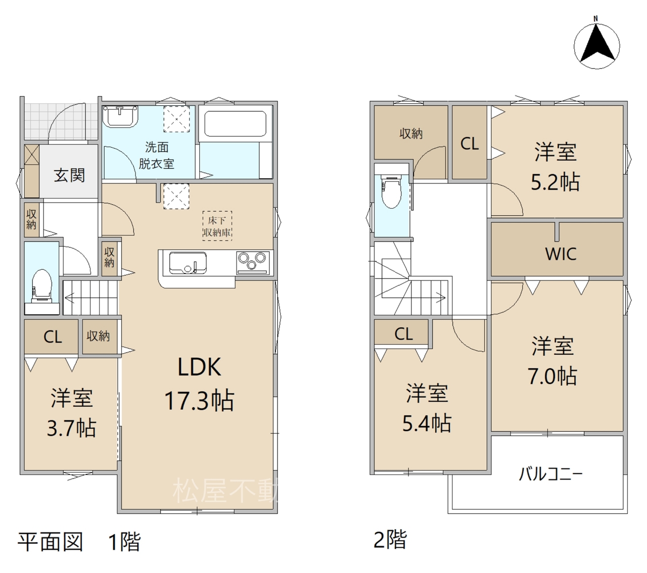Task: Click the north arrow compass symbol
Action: tap(596, 46)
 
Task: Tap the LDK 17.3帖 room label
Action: tap(199, 384)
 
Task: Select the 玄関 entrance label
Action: tap(69, 175)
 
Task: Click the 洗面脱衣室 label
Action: tap(157, 156)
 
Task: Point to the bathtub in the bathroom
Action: tap(235, 123)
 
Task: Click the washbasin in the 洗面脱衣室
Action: tap(120, 117)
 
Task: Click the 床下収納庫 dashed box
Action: tap(217, 226)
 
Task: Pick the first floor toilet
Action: tap(41, 286)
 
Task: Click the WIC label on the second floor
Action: tap(561, 254)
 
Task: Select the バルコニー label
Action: tap(550, 474)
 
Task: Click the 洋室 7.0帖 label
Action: tap(552, 361)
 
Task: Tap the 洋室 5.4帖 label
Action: tap(427, 408)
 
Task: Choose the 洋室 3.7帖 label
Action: tap(72, 413)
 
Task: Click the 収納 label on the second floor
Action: tap(411, 134)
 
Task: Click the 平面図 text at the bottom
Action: tap(51, 542)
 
